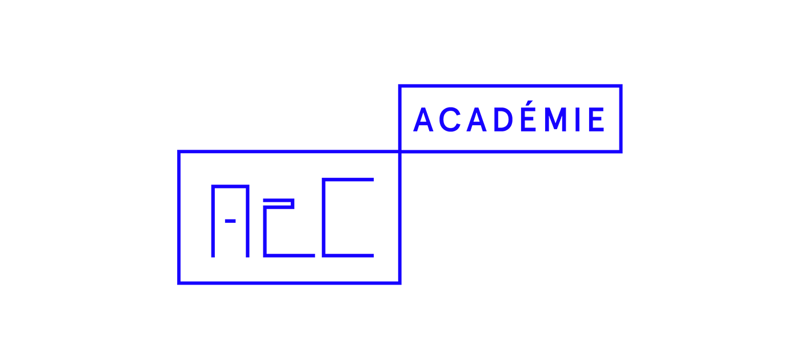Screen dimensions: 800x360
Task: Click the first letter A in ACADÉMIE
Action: [423, 119]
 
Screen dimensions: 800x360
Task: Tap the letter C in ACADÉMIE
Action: [450, 119]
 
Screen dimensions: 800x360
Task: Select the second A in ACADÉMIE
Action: [477, 119]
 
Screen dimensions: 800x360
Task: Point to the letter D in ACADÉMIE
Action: [503, 119]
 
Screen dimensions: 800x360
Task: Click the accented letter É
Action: [529, 116]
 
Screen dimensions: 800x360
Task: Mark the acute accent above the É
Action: [530, 103]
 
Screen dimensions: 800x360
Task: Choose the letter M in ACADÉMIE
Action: [555, 119]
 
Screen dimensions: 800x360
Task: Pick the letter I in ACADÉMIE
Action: [578, 119]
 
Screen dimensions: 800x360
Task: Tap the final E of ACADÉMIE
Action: [597, 119]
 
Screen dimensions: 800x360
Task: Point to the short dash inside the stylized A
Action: [230, 221]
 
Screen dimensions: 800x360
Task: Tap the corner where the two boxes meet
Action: [400, 151]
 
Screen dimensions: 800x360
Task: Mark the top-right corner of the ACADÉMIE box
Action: [621, 86]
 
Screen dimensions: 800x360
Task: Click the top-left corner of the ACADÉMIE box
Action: [400, 86]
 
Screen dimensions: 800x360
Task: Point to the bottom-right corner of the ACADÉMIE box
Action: [621, 152]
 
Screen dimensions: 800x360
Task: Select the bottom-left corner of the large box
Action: [179, 283]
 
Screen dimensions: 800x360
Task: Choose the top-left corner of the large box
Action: [179, 151]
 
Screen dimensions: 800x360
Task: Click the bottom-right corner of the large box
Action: [400, 283]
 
